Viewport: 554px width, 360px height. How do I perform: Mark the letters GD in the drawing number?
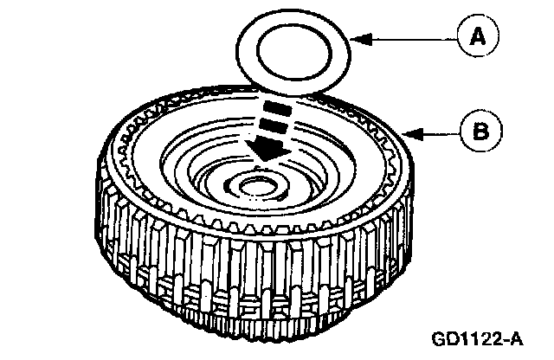click(450, 334)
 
